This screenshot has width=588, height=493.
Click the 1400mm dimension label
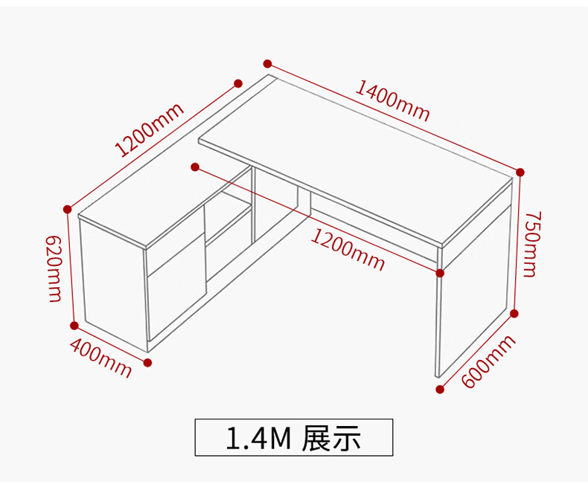pyautogui.click(x=392, y=100)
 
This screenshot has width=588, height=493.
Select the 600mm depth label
pyautogui.click(x=488, y=361)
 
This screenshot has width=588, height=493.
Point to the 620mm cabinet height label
pyautogui.click(x=54, y=268)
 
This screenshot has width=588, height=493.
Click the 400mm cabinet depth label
pyautogui.click(x=100, y=357)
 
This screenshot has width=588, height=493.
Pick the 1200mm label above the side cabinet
pyautogui.click(x=149, y=130)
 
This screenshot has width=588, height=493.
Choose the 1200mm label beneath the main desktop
pyautogui.click(x=348, y=250)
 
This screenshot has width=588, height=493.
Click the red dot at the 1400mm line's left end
pyautogui.click(x=267, y=64)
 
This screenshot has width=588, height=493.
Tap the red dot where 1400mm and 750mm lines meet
pyautogui.click(x=520, y=172)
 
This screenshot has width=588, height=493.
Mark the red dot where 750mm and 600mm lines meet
pyautogui.click(x=514, y=313)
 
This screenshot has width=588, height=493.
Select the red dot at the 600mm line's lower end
pyautogui.click(x=440, y=389)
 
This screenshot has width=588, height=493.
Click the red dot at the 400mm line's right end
pyautogui.click(x=147, y=363)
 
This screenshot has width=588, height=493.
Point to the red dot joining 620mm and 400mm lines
pyautogui.click(x=74, y=326)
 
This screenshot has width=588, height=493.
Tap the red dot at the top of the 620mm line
pyautogui.click(x=67, y=209)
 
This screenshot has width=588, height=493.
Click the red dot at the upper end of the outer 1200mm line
pyautogui.click(x=238, y=83)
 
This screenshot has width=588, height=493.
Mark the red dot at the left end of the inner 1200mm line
pyautogui.click(x=194, y=166)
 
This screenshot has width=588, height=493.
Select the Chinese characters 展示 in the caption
pyautogui.click(x=332, y=439)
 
